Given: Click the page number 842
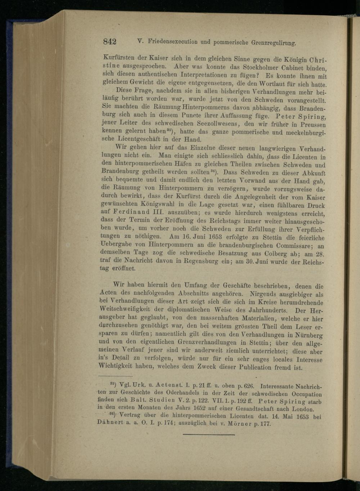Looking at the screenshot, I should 110,41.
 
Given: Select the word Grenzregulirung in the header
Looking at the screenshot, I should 273,43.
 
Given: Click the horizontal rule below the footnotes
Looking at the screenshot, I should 208,435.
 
